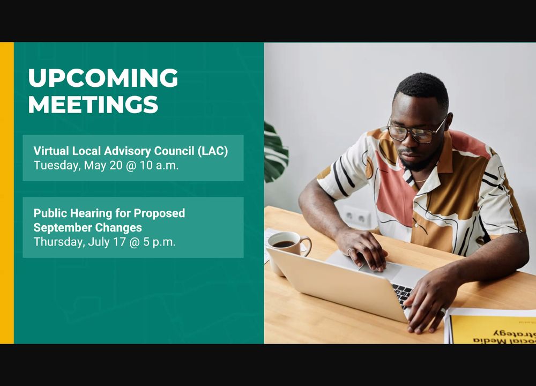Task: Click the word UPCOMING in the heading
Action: [x=103, y=78]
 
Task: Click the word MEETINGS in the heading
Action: [x=93, y=104]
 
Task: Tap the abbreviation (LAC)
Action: [x=213, y=151]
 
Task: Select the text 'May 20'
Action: [x=103, y=166]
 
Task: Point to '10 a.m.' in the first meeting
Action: [x=159, y=166]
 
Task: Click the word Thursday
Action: [x=59, y=242]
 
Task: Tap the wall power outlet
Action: [x=357, y=217]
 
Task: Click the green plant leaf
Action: [x=276, y=153]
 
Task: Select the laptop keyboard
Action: [x=403, y=293]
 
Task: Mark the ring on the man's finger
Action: [x=349, y=251]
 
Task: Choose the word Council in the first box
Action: [x=174, y=151]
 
